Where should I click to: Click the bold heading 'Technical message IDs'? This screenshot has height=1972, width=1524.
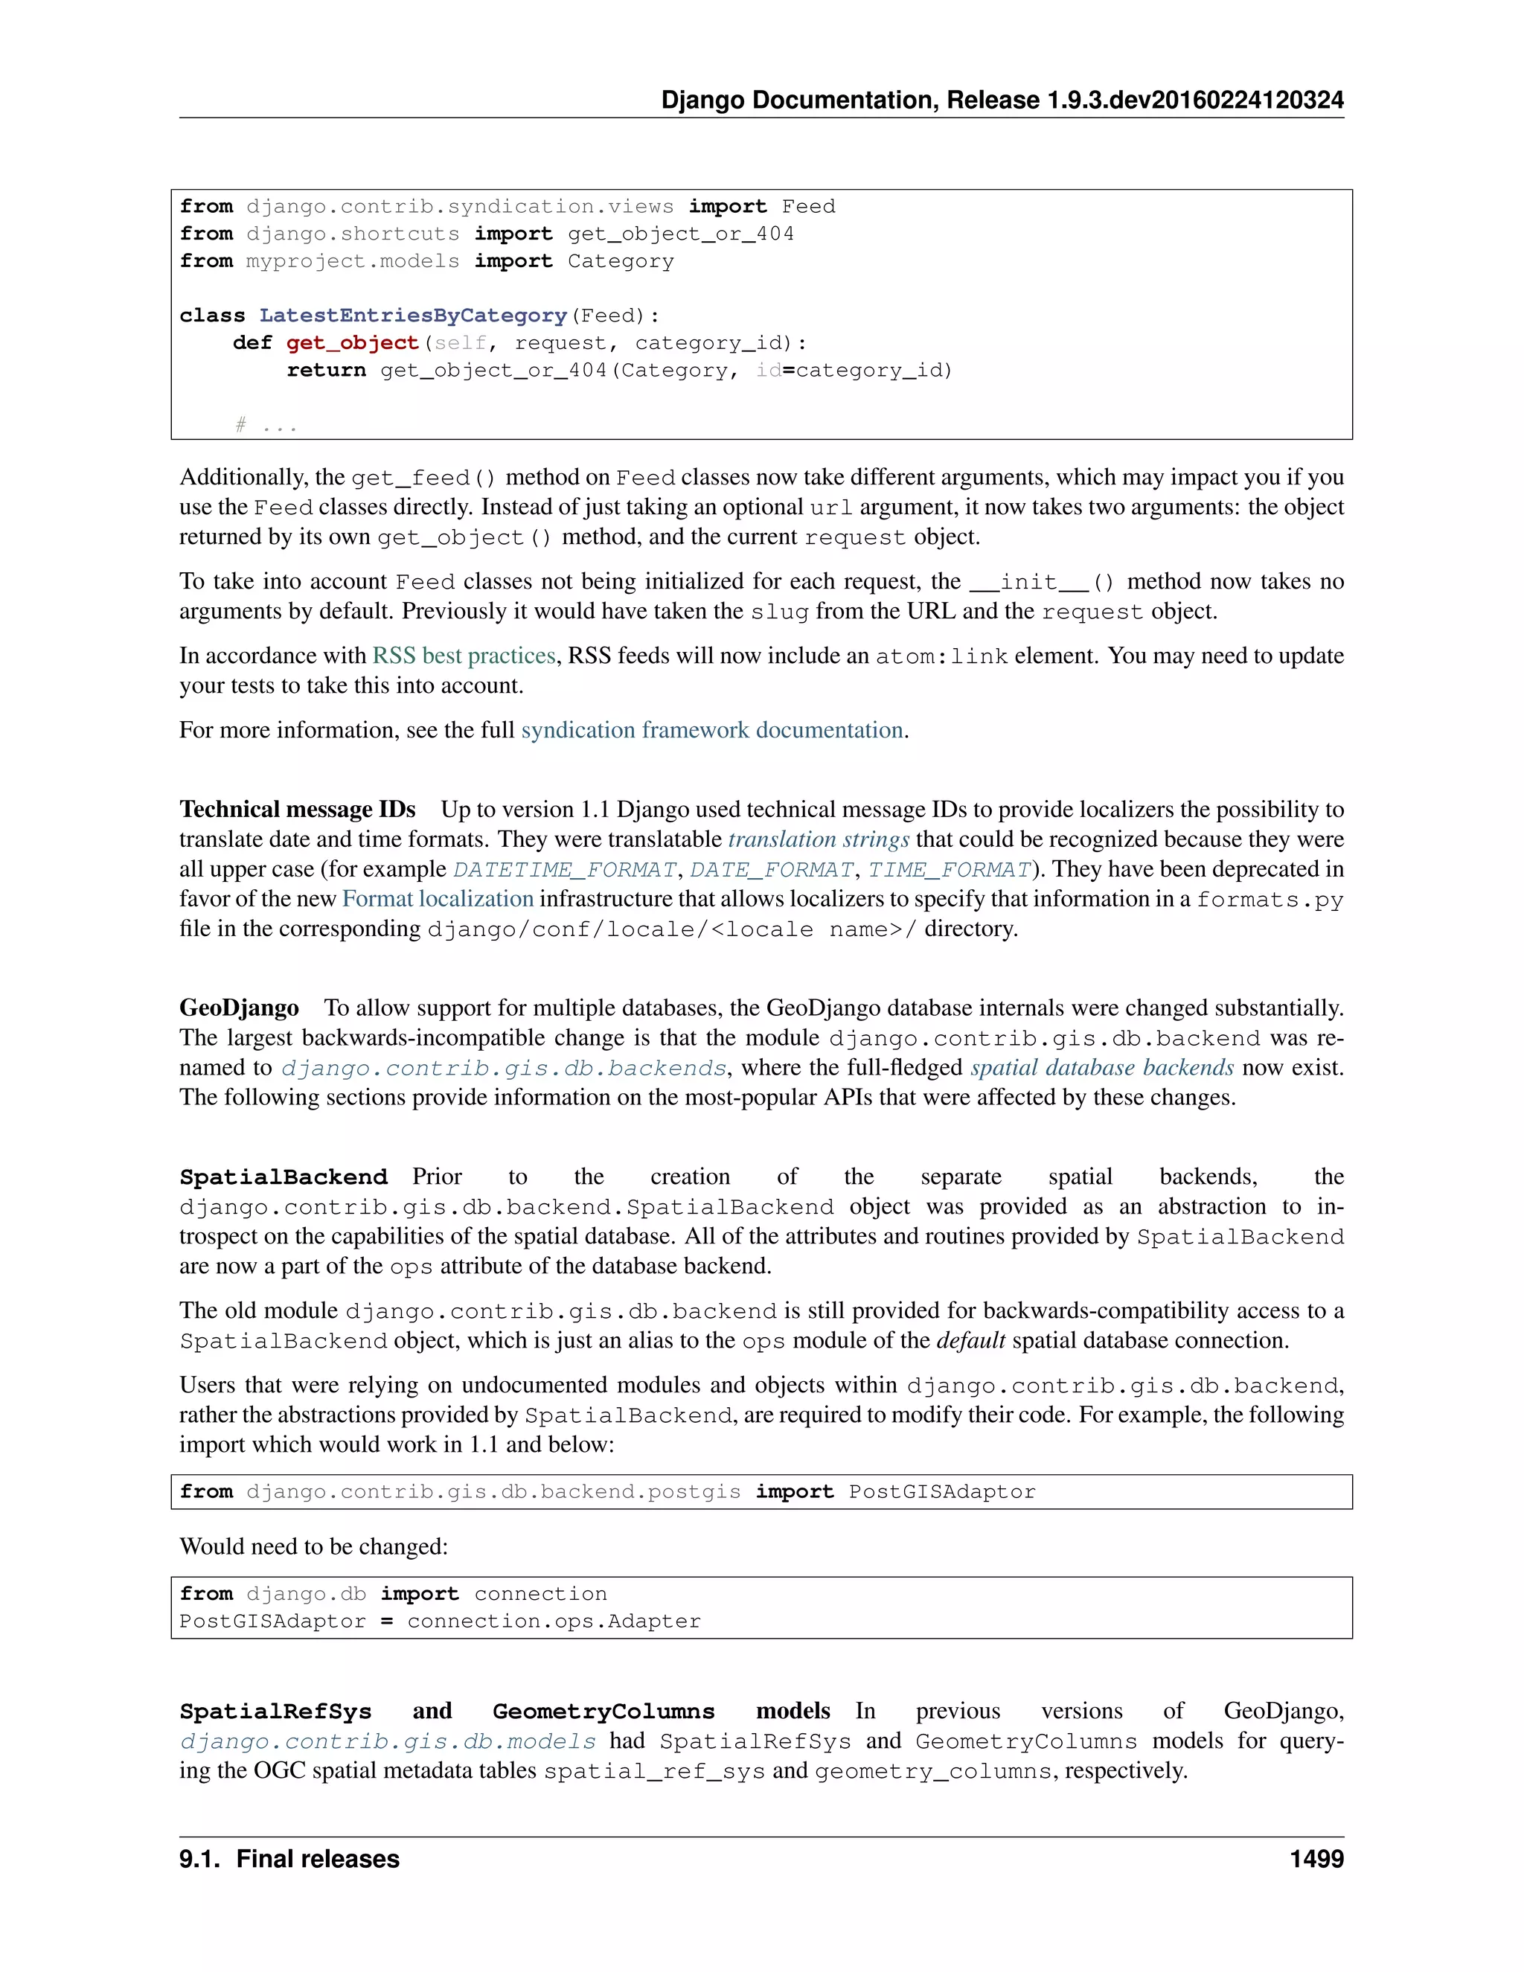coord(297,809)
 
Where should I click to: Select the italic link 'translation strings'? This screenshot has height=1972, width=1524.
coord(818,839)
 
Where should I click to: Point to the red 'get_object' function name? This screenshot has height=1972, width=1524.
coord(352,343)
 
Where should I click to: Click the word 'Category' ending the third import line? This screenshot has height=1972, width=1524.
coord(621,262)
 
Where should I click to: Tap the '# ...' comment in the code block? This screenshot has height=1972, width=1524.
coord(266,424)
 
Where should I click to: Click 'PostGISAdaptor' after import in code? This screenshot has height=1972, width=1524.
coord(941,1491)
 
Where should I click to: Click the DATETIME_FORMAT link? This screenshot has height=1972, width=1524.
coord(564,869)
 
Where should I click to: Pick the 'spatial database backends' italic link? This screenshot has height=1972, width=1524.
coord(1101,1067)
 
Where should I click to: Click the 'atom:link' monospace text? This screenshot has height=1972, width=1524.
coord(941,656)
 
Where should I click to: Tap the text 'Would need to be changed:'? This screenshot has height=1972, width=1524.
coord(313,1547)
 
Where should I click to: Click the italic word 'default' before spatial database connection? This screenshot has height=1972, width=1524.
coord(970,1341)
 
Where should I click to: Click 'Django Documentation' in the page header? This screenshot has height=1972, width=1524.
coord(799,100)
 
